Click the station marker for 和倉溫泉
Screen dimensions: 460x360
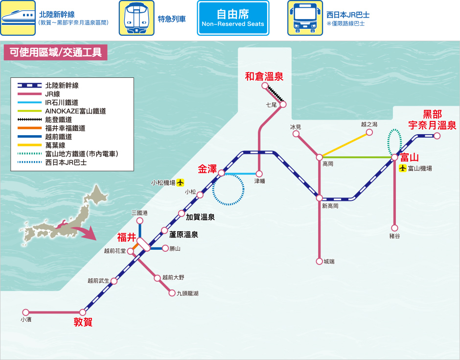click(265, 86)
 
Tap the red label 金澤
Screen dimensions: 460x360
click(207, 169)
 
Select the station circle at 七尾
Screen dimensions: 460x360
click(283, 104)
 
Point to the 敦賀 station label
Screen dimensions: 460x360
click(83, 322)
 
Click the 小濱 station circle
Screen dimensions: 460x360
click(26, 312)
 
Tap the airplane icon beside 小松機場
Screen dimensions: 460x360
click(180, 183)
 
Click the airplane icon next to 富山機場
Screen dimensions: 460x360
click(403, 168)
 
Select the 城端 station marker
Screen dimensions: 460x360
click(320, 262)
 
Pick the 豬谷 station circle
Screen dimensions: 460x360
click(394, 228)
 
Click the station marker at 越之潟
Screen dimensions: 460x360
click(369, 132)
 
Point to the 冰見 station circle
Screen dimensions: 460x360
click(296, 134)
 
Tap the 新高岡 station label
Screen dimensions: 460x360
click(330, 206)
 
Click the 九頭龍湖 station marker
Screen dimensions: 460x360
click(172, 293)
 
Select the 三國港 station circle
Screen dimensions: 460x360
click(140, 221)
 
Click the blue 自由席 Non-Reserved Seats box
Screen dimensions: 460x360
click(233, 18)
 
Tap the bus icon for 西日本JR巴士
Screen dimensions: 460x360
click(305, 18)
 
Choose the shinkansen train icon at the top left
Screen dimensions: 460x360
click(18, 18)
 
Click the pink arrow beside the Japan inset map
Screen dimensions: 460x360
click(85, 232)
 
